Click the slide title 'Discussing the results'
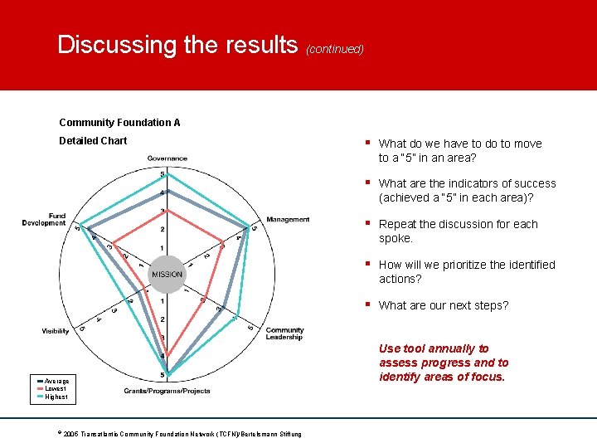[x=177, y=45]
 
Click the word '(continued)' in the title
[x=335, y=49]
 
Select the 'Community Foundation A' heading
[x=119, y=123]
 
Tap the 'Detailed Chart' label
[x=93, y=141]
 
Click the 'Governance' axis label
[x=167, y=158]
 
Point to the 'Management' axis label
[x=288, y=220]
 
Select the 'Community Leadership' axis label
[x=284, y=334]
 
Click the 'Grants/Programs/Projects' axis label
[x=167, y=391]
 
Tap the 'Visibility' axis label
[x=56, y=331]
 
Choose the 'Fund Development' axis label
[x=45, y=219]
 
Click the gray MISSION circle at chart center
[x=167, y=275]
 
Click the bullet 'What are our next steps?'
[x=444, y=305]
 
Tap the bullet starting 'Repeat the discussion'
[x=458, y=231]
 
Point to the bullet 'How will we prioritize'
[x=466, y=271]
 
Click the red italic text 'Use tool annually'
[x=444, y=363]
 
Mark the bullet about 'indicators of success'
[x=467, y=190]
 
